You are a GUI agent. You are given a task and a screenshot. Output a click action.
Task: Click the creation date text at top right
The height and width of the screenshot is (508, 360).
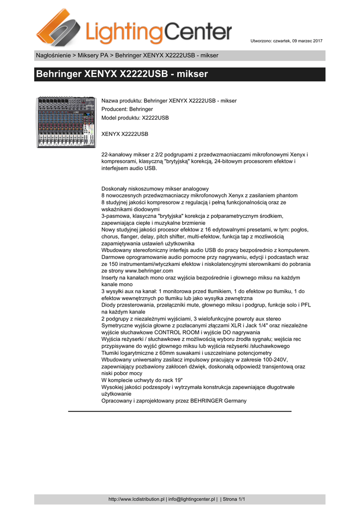click(x=286, y=40)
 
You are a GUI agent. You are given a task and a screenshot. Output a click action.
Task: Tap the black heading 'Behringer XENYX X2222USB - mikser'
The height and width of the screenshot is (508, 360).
click(x=122, y=74)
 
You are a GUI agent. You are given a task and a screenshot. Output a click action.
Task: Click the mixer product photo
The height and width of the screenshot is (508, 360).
click(x=67, y=122)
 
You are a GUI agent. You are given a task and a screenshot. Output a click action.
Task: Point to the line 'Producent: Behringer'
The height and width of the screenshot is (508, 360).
click(x=127, y=109)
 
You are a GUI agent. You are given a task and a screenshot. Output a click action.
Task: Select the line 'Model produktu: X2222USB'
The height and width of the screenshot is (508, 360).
click(x=135, y=118)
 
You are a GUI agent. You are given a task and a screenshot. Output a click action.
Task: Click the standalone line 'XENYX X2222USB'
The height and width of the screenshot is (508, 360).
click(x=125, y=134)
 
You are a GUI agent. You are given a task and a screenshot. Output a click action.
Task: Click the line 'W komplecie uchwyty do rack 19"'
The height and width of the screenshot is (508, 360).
click(x=142, y=380)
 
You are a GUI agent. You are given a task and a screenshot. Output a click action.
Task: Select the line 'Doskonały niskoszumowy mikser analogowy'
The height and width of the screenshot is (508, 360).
click(x=155, y=189)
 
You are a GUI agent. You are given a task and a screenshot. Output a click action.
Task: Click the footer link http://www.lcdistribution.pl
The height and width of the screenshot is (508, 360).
click(x=137, y=499)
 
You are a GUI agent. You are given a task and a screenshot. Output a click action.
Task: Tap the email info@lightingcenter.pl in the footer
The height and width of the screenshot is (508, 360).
click(x=192, y=499)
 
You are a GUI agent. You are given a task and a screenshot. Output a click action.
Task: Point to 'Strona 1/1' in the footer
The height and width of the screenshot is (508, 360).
click(x=234, y=499)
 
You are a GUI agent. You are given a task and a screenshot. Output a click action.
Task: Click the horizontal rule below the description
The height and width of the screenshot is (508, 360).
click(x=180, y=411)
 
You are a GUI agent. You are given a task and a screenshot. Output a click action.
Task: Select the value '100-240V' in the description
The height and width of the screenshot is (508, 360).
click(x=279, y=359)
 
